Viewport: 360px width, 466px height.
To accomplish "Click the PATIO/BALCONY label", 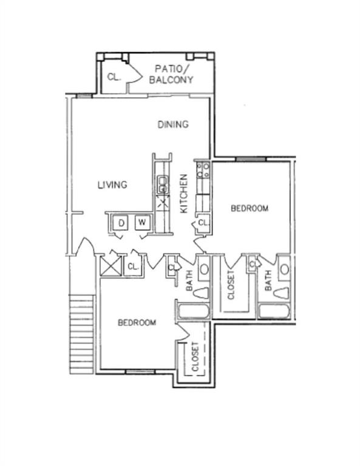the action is (x=171, y=74).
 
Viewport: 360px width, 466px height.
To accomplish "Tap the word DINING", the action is (x=173, y=124).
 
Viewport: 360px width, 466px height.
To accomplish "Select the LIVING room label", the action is (x=112, y=185).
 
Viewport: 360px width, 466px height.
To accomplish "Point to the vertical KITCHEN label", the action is (x=185, y=194).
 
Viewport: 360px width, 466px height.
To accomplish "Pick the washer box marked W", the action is (x=143, y=222).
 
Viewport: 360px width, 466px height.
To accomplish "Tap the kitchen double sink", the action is (x=163, y=184).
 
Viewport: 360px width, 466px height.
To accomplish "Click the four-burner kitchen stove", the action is (x=203, y=170).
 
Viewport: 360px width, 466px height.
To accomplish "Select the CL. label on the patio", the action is (x=114, y=77).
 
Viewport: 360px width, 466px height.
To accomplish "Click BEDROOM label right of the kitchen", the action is (x=250, y=208).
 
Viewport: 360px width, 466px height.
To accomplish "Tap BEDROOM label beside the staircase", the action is (x=137, y=322).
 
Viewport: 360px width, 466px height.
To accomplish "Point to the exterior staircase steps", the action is (x=82, y=334).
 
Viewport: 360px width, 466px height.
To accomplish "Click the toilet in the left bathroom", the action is (x=202, y=292).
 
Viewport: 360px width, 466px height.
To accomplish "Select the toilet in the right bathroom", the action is (x=281, y=292).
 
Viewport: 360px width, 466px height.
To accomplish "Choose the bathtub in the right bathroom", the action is (x=274, y=311).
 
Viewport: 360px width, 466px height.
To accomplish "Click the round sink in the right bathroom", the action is (x=285, y=269).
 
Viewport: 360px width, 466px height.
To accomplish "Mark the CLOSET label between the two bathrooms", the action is (x=231, y=285).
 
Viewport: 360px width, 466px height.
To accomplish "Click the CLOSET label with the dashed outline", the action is (x=195, y=357).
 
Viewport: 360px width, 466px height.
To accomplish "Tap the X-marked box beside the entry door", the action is (x=110, y=266).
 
